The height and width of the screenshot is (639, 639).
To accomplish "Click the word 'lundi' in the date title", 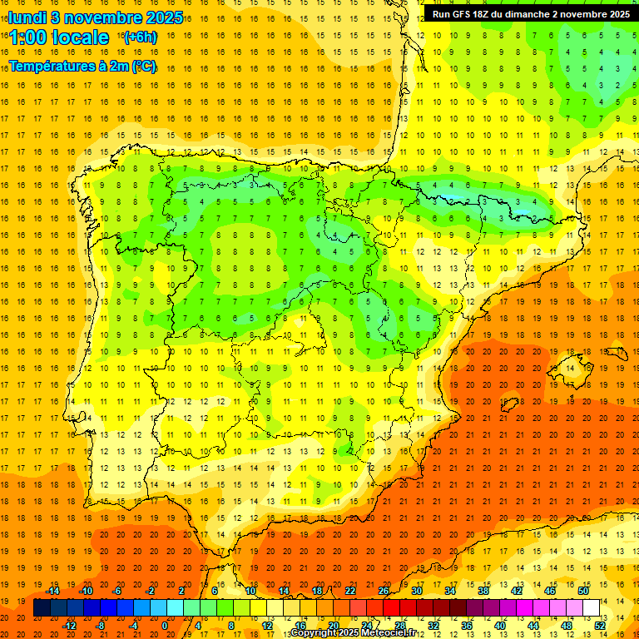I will [x=27, y=17].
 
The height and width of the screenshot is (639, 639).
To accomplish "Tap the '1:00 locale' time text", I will [x=59, y=37].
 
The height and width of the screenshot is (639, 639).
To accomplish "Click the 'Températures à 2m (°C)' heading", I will [x=82, y=66].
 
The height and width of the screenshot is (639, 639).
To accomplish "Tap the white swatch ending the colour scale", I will [x=592, y=608].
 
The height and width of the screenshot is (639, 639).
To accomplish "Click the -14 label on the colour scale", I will [x=52, y=590].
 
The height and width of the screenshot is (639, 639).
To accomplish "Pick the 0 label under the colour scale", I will [x=165, y=626].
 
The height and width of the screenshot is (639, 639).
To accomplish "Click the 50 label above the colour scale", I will [x=583, y=590].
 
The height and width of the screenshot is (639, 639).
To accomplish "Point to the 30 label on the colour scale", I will [x=417, y=590].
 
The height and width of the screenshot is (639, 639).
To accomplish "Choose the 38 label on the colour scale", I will [x=483, y=590].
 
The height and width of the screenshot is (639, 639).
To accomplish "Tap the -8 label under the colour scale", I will [x=101, y=626].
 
